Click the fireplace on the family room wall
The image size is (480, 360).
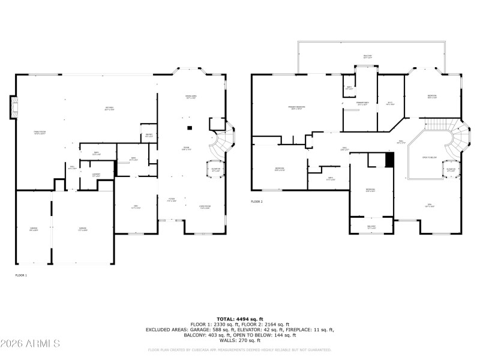12,108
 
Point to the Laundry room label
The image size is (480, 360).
95,175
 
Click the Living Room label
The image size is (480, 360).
205,208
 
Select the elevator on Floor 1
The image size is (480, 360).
216,169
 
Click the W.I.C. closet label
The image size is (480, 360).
389,103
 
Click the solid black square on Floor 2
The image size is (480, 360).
389,160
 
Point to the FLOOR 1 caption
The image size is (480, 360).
21,275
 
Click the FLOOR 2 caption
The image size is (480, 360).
257,202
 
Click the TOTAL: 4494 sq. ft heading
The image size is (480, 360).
240,319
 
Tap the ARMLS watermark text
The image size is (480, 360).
30,343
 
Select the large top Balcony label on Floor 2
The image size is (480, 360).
367,56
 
